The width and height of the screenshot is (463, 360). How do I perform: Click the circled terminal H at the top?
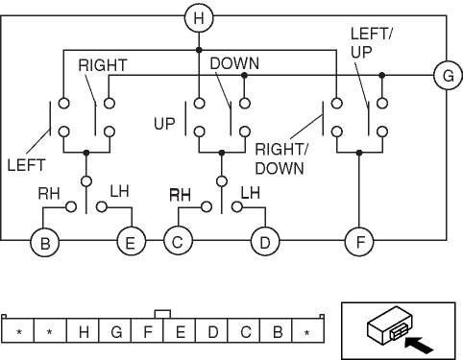point(199,18)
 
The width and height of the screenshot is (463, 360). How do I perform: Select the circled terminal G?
point(448,76)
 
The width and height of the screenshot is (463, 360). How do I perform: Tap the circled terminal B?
point(45,242)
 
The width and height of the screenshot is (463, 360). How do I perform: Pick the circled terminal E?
point(132,242)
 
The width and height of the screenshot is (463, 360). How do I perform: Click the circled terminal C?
point(178,241)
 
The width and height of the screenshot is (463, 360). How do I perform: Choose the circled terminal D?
point(265,242)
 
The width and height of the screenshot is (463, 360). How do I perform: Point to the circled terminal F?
point(359,242)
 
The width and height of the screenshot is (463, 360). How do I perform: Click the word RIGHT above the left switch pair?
point(103,65)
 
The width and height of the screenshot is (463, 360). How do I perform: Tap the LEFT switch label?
point(26,165)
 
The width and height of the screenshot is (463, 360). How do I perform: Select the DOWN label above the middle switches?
point(234,63)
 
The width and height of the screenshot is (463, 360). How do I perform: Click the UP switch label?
point(164,124)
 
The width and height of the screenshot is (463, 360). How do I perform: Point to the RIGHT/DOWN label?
point(280,158)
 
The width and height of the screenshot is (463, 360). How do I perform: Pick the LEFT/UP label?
point(371,43)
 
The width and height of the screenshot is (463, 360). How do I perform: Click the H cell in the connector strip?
point(84,331)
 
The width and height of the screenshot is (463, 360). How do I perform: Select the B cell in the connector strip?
point(277,331)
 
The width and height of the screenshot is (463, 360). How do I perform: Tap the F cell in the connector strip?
point(148,331)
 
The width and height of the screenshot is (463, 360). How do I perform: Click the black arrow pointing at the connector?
point(419,346)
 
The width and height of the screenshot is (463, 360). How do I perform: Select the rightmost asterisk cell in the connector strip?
point(307,331)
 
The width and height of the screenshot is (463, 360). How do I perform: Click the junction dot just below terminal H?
point(199,50)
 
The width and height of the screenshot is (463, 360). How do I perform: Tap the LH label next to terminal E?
point(120,191)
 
